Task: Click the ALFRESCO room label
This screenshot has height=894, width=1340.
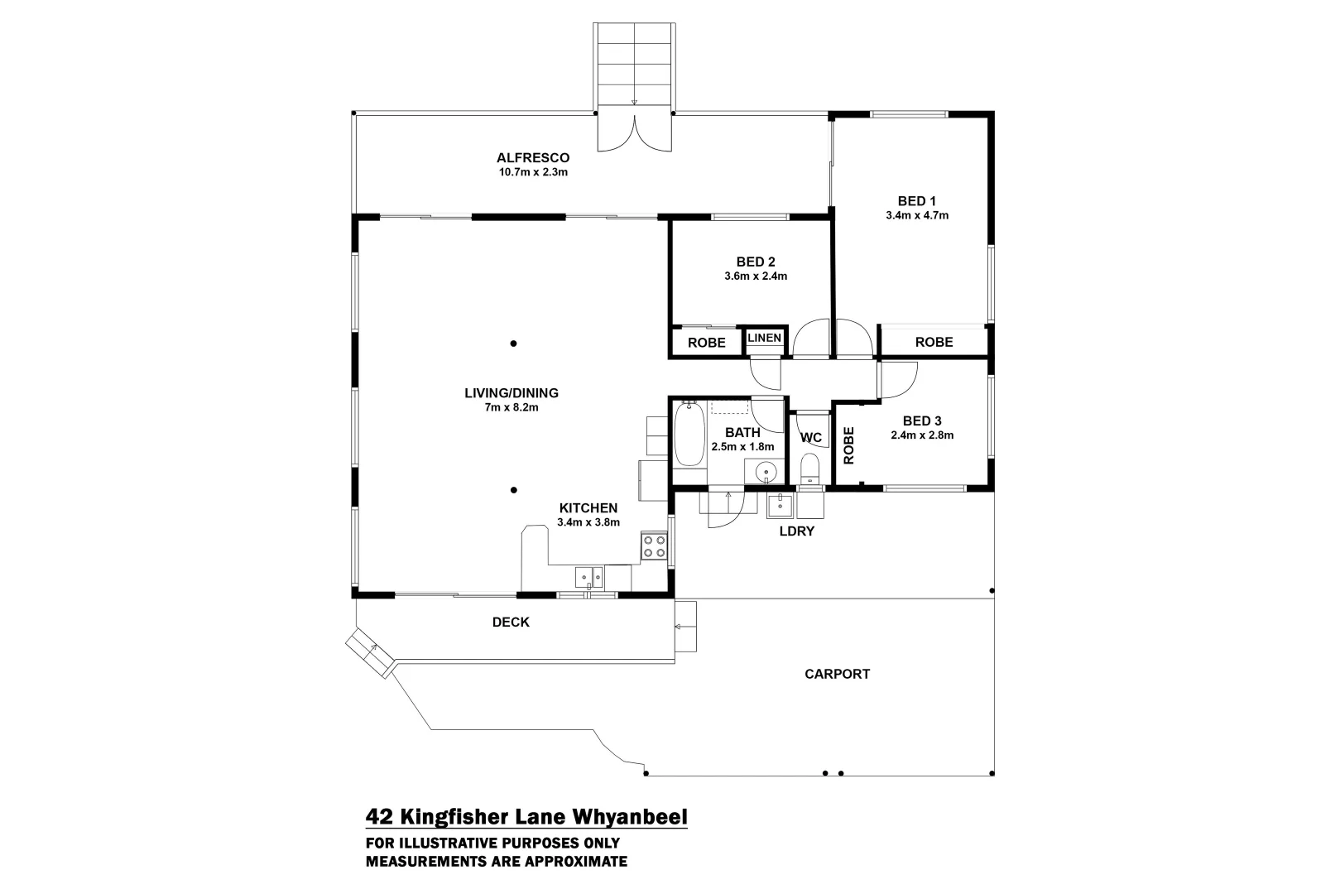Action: click(532, 157)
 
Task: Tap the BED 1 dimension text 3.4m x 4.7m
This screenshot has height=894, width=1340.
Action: click(916, 215)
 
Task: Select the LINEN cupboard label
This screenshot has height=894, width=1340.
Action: click(763, 338)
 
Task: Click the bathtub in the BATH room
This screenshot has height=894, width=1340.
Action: click(689, 436)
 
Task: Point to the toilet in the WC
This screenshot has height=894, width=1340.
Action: click(809, 469)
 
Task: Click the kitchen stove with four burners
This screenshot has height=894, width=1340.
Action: click(653, 546)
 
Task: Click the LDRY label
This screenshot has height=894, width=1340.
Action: click(796, 531)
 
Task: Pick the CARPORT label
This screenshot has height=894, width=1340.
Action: click(837, 674)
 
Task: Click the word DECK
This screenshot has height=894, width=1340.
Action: click(511, 622)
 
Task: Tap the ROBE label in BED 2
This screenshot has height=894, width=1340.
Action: click(706, 343)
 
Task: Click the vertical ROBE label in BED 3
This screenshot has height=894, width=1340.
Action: click(848, 445)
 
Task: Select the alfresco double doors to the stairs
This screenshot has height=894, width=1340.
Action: click(634, 133)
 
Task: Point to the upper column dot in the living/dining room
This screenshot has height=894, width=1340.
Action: click(513, 344)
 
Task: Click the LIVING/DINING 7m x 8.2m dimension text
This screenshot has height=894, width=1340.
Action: click(512, 407)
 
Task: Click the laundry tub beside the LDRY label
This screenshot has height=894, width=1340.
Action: click(780, 505)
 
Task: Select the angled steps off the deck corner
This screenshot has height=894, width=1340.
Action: click(369, 652)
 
